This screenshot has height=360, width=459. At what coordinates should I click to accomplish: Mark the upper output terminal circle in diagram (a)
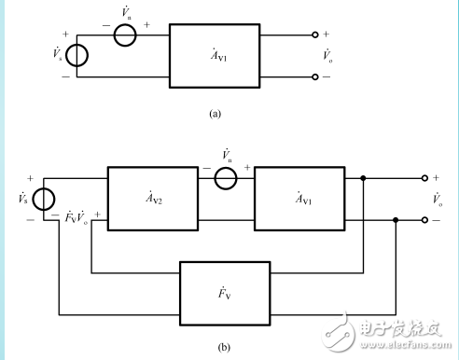(315, 35)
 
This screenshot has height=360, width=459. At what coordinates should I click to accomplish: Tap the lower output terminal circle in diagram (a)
(315, 77)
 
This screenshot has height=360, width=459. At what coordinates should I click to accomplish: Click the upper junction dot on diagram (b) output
(362, 176)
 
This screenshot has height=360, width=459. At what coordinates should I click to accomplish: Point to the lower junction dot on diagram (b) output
(396, 220)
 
